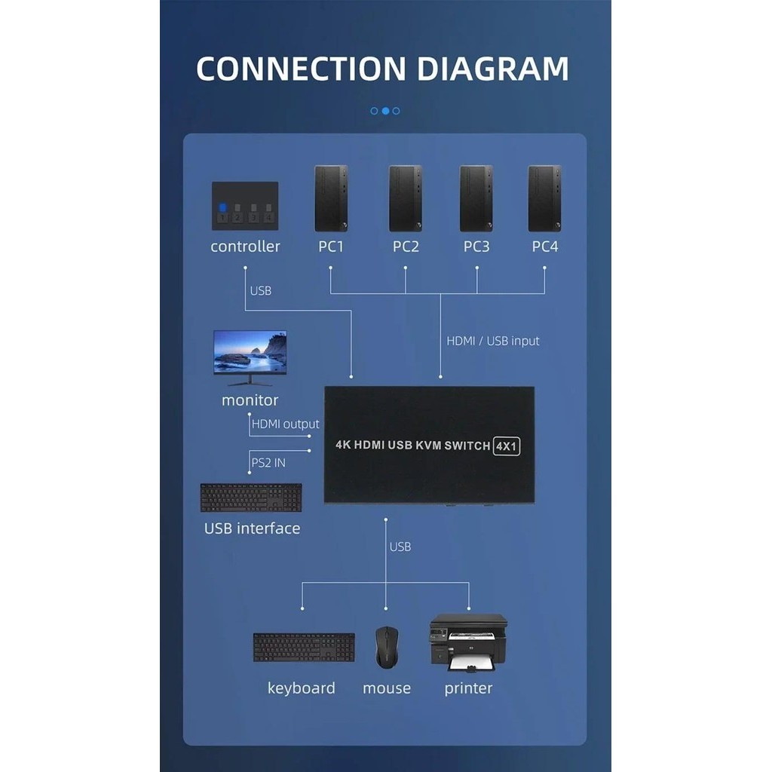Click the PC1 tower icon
(331, 198)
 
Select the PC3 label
(476, 247)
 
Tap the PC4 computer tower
(544, 198)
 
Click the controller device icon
(245, 205)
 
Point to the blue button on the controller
(222, 208)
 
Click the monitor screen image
(250, 353)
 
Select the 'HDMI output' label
(286, 424)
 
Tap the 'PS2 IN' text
(268, 463)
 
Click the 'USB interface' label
(252, 528)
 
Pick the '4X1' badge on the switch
(507, 446)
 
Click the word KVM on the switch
(431, 446)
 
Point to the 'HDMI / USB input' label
(493, 341)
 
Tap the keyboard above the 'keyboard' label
(304, 647)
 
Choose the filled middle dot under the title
(385, 111)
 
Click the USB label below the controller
(260, 290)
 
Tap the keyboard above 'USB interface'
(251, 498)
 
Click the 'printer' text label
(468, 688)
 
